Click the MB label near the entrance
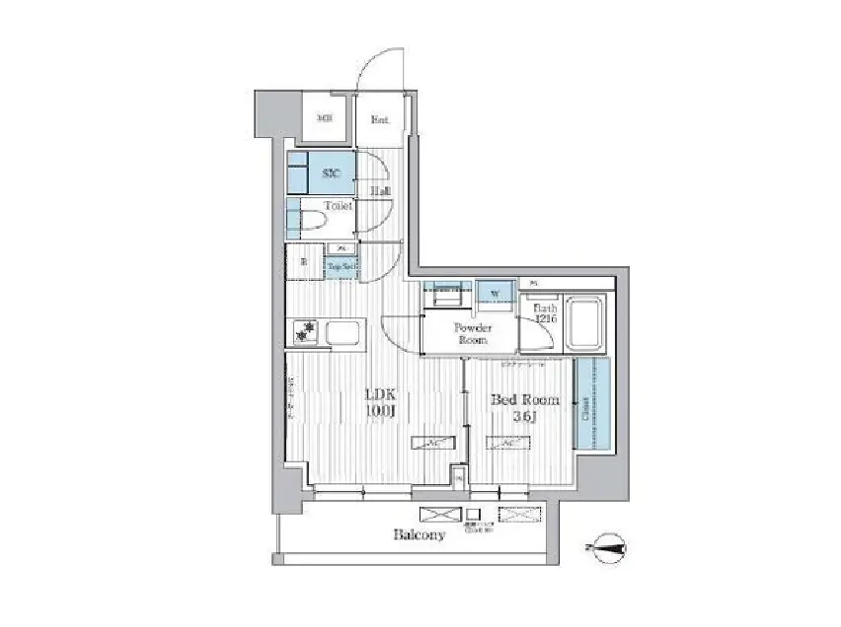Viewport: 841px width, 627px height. tap(323, 119)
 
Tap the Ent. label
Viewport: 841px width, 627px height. tap(379, 120)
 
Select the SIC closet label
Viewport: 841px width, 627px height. tap(332, 172)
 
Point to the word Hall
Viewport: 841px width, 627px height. tap(380, 190)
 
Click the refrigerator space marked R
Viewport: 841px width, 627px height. tap(303, 262)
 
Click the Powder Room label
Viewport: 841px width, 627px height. tap(471, 332)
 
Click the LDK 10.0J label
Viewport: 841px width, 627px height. tap(381, 402)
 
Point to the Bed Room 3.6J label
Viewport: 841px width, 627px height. tap(525, 407)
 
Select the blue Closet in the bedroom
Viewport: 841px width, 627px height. tap(590, 404)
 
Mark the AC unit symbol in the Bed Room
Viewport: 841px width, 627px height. tap(506, 443)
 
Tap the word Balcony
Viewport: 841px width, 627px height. tap(419, 535)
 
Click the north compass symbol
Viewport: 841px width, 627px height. tap(604, 546)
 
